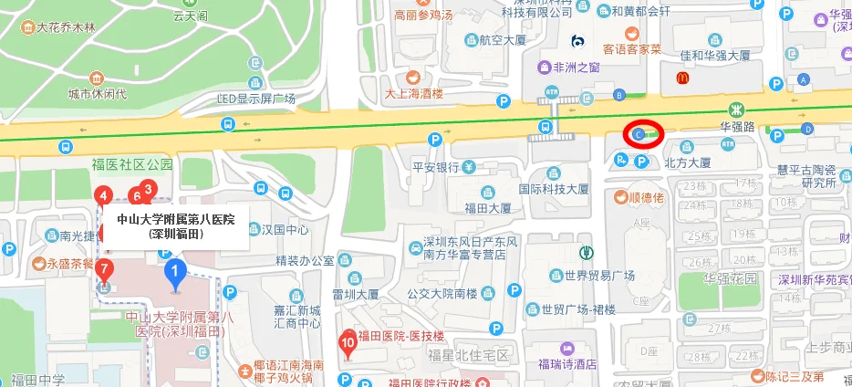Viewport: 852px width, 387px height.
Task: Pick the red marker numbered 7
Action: click(x=105, y=268)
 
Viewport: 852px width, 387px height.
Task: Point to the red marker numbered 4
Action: click(x=104, y=195)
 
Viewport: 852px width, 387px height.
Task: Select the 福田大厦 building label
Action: click(x=487, y=207)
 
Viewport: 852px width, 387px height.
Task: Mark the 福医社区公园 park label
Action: click(x=131, y=165)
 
